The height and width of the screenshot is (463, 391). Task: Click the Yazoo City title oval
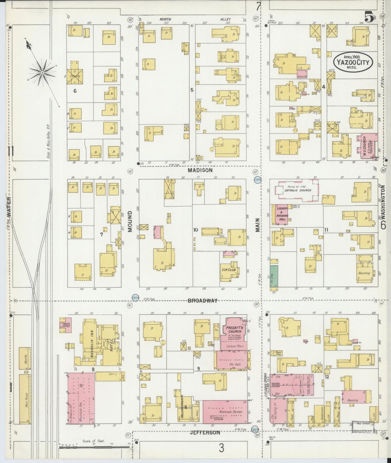[353, 61]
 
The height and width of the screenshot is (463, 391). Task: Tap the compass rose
[42, 72]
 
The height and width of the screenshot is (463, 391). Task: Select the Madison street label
[200, 170]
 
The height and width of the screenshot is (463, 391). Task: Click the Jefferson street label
[205, 432]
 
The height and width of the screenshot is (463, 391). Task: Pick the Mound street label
[130, 222]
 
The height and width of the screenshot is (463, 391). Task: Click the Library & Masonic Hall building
[281, 214]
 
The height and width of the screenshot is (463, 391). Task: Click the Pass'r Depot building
[65, 325]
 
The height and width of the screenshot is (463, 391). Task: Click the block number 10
[196, 230]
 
